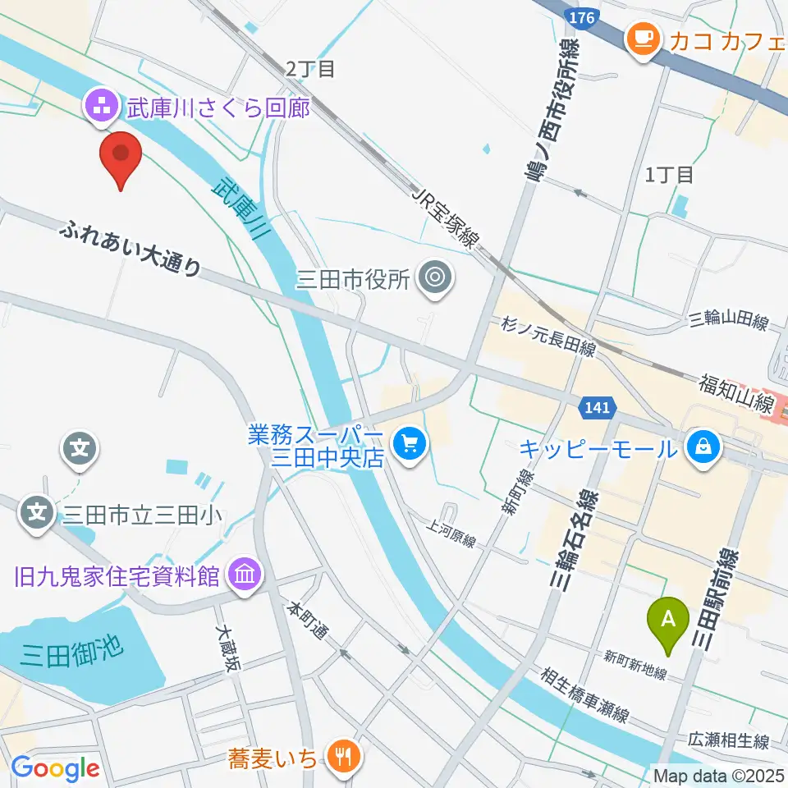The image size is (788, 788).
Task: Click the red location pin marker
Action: click(x=121, y=156)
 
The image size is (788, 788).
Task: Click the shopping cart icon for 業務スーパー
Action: click(x=409, y=446)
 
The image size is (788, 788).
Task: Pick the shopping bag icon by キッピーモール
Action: click(x=703, y=447)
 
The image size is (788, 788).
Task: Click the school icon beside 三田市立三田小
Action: click(x=37, y=514)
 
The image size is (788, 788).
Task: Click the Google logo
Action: click(x=55, y=768)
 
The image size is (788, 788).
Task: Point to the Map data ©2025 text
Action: click(x=717, y=774)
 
